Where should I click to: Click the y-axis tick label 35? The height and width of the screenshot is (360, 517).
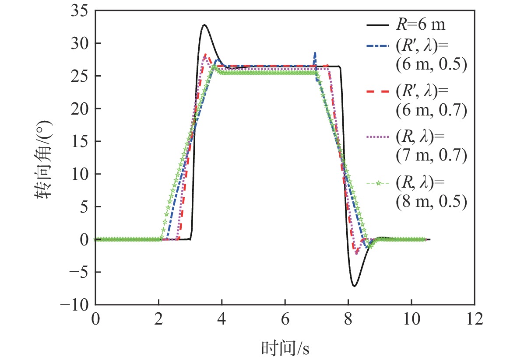(x=80, y=10)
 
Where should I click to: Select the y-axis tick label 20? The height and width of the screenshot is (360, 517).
(x=80, y=108)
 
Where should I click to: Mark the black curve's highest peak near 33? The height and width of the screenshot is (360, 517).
(x=204, y=25)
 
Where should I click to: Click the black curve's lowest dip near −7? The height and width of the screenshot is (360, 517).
(x=354, y=286)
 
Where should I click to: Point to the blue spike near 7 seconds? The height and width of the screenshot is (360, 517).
(x=315, y=54)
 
